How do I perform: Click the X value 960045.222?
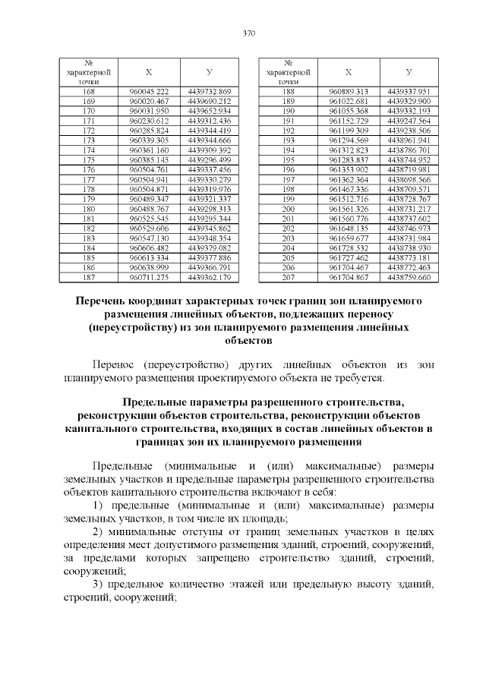pyautogui.click(x=149, y=92)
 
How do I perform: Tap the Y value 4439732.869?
pyautogui.click(x=210, y=92)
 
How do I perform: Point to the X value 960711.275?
pyautogui.click(x=149, y=278)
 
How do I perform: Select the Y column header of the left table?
pyautogui.click(x=210, y=71)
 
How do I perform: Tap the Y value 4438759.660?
pyautogui.click(x=409, y=278)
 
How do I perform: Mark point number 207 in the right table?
pyautogui.click(x=288, y=278)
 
